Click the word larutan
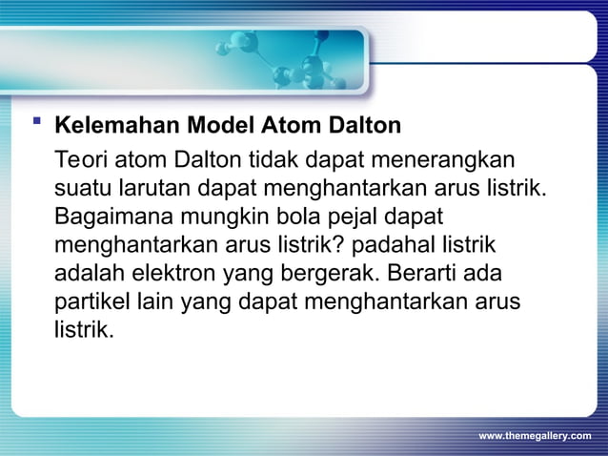tap(152, 185)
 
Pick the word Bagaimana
tap(111, 215)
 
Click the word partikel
tap(90, 303)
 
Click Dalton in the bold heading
tap(366, 126)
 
